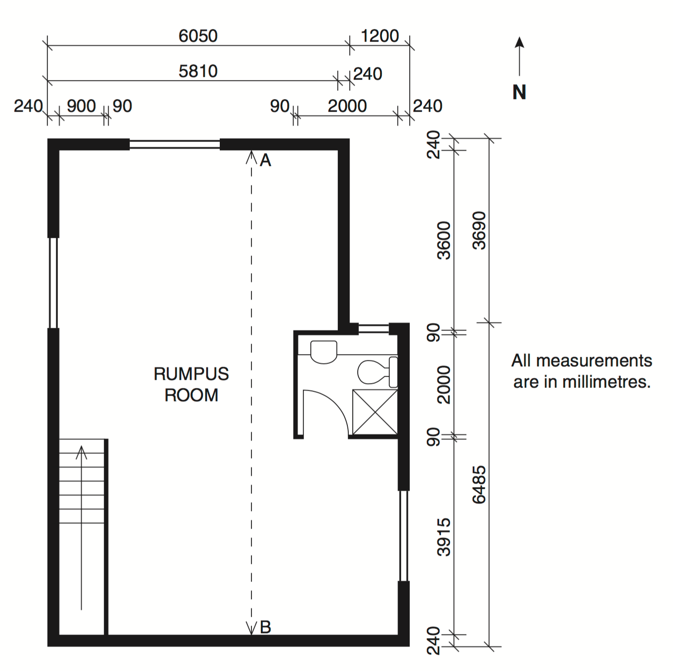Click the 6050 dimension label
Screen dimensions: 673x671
(198, 36)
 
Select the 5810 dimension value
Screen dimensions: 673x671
(198, 71)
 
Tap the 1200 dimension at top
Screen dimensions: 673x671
(380, 36)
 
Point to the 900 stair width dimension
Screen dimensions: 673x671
(81, 106)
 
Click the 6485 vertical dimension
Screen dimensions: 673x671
(479, 485)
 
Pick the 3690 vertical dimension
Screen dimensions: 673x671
(479, 231)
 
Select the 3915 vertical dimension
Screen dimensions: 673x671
(444, 537)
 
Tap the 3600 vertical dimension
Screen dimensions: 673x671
(444, 241)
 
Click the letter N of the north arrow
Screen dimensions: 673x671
(519, 92)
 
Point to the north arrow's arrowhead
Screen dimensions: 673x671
(520, 42)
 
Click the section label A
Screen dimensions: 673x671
(265, 160)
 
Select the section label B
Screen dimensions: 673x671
(265, 627)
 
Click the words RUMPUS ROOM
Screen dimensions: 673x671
(191, 384)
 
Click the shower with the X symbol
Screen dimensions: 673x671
(375, 412)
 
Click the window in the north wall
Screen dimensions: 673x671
(175, 144)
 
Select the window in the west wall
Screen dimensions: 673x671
(53, 283)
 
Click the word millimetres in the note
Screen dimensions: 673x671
(606, 382)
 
